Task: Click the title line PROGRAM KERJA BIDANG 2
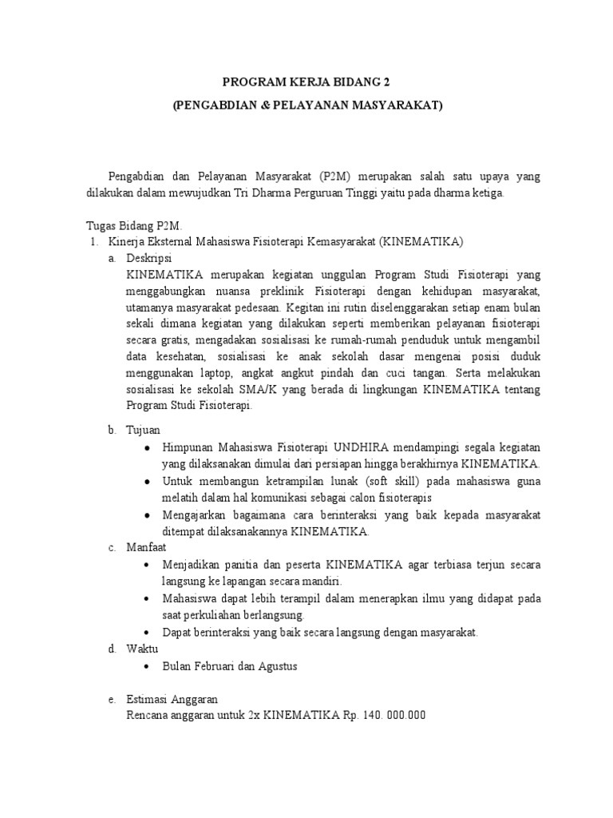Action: (307, 82)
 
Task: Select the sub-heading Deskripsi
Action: (149, 258)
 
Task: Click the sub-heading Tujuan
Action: (144, 430)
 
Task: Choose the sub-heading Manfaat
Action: (147, 547)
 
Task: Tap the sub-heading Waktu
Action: (142, 648)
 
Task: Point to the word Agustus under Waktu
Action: (279, 665)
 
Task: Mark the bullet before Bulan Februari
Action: (148, 665)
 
